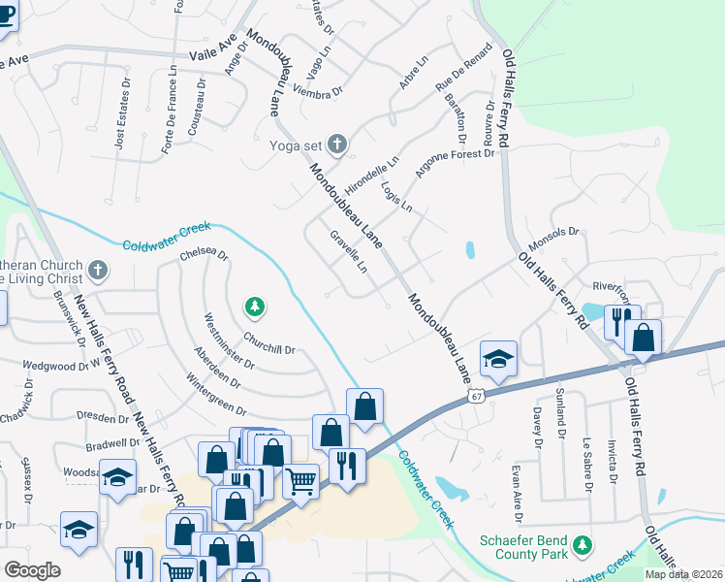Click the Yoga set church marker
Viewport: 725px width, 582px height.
337,145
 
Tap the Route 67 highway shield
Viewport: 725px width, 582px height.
475,396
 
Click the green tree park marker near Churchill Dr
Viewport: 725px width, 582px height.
255,307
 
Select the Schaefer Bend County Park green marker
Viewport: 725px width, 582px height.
582,544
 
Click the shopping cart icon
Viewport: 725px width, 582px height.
300,478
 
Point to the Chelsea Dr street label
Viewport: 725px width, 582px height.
204,257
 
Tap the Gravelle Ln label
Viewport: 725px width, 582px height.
350,251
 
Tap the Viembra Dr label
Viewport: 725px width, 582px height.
318,91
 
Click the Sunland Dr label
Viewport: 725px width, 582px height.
561,414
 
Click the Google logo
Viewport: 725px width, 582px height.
32,569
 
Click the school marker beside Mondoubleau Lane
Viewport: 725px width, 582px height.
497,358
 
